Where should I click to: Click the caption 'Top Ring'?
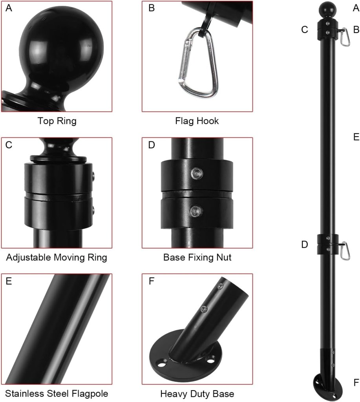[57, 121]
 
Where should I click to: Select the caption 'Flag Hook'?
[197, 121]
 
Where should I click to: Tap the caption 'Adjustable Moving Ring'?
[57, 257]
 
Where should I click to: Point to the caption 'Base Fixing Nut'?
[197, 257]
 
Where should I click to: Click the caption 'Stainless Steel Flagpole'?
[57, 393]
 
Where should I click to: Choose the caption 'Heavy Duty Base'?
[197, 393]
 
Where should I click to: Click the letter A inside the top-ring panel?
[9, 8]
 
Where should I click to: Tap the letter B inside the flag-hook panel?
[152, 8]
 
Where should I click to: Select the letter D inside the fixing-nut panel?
[152, 145]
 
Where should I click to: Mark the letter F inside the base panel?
[151, 281]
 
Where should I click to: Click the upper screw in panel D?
[197, 174]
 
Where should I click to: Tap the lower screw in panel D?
[196, 211]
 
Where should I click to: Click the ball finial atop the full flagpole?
[327, 10]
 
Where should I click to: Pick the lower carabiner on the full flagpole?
[345, 251]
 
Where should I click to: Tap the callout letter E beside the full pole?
[356, 137]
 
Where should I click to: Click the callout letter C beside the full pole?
[305, 29]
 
